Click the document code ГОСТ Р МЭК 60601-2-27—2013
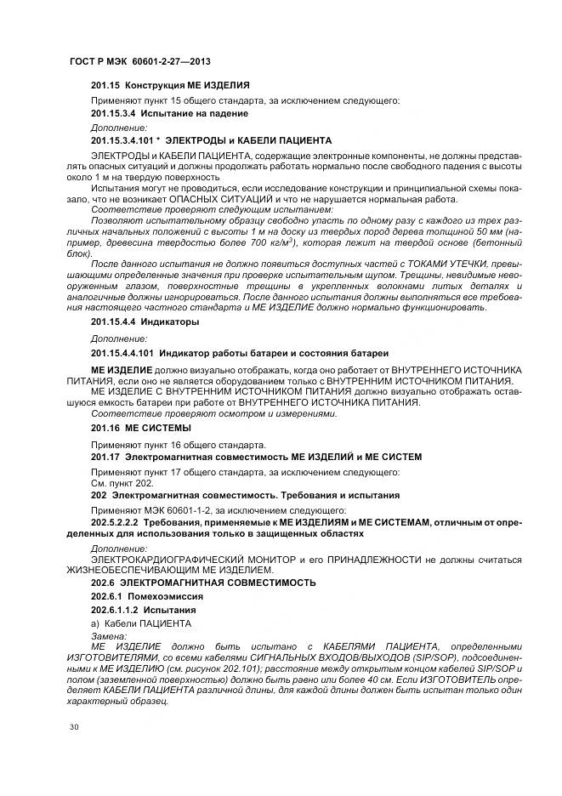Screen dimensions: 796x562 139,62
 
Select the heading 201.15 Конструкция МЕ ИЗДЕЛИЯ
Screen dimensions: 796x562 170,86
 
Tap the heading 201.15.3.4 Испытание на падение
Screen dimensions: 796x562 169,113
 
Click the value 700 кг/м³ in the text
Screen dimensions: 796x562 274,242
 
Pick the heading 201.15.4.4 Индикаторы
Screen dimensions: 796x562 145,322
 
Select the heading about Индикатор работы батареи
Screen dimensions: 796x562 241,352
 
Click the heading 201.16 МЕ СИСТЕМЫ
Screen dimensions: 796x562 140,428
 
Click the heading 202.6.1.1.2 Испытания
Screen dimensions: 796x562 144,610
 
